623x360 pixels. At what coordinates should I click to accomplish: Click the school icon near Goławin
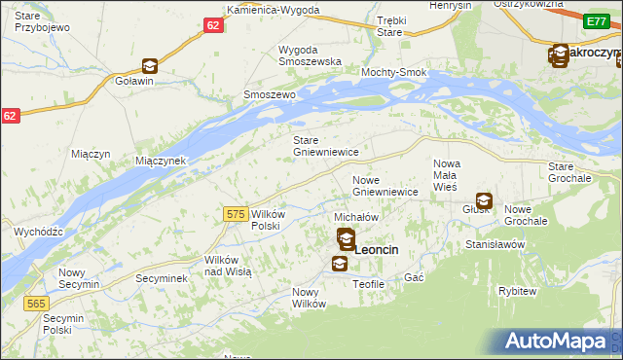click(150, 66)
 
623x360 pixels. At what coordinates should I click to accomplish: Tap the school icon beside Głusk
click(484, 202)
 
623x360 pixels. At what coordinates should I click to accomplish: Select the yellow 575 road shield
click(234, 213)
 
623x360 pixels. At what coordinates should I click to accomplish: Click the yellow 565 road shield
click(36, 304)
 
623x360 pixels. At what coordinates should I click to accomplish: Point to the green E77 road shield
click(597, 20)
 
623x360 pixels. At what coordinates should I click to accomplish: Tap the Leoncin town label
click(377, 250)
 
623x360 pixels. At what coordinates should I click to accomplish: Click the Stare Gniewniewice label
click(327, 146)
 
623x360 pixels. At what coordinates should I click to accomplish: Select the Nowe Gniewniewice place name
click(385, 186)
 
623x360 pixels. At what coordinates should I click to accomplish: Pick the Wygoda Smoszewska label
click(310, 54)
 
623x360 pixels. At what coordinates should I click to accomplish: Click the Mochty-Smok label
click(394, 73)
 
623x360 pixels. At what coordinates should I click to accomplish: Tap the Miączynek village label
click(161, 160)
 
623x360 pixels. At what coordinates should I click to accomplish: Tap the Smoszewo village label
click(269, 95)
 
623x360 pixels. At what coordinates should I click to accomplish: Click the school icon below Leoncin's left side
click(339, 263)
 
